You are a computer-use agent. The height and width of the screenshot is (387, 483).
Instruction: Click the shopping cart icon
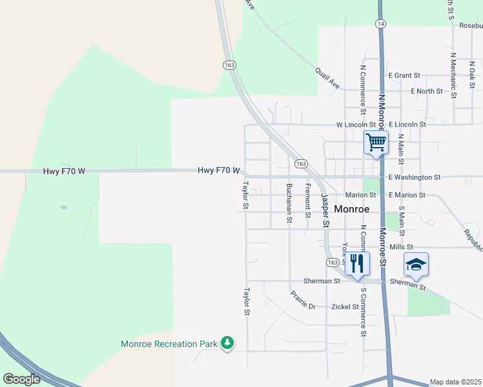point(376,143)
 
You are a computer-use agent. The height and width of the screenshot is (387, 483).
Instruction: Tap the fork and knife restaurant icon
point(357,263)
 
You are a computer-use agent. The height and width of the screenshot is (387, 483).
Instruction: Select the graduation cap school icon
point(416,264)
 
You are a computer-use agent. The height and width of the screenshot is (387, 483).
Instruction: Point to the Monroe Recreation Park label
point(169,344)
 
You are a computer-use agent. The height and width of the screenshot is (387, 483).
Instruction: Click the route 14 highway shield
point(381,23)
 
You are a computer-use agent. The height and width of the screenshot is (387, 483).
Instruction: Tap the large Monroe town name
point(353,209)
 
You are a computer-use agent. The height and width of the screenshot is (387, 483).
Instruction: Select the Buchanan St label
point(289,203)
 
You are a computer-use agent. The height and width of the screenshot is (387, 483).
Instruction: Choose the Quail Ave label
point(327,79)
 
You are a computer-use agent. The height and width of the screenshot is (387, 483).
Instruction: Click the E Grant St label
point(404,75)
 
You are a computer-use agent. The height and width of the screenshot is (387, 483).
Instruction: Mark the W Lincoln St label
point(356,124)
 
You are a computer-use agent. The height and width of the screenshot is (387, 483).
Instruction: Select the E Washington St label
point(414,177)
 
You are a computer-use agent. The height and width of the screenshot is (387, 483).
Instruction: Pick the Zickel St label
point(345,307)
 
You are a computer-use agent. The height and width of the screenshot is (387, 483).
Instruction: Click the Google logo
point(21,379)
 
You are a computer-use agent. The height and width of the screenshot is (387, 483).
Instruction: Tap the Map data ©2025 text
point(455,382)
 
